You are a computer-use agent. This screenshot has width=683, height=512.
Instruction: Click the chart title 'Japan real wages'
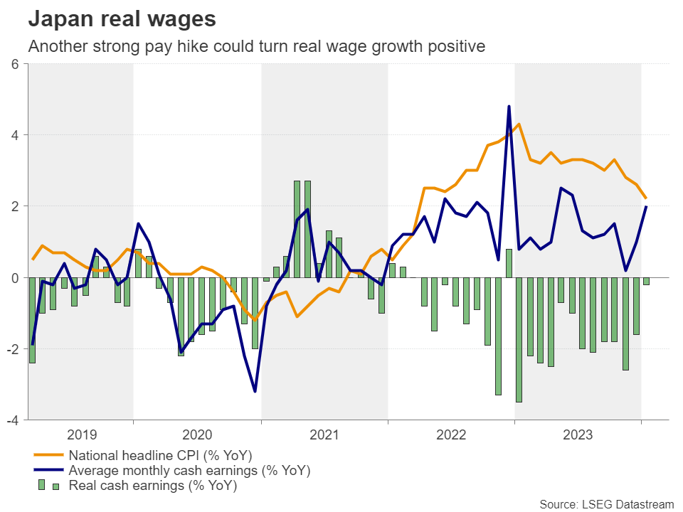click(x=122, y=19)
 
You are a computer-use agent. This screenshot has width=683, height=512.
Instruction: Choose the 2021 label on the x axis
click(x=324, y=434)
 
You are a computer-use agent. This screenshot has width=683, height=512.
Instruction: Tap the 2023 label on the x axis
click(x=578, y=434)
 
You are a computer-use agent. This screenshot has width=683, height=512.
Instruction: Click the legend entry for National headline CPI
click(x=160, y=455)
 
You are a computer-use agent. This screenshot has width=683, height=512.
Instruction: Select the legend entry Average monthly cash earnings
click(x=189, y=471)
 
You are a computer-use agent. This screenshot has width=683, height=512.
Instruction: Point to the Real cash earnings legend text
click(x=152, y=486)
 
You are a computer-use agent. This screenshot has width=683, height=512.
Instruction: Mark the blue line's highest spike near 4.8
click(x=509, y=107)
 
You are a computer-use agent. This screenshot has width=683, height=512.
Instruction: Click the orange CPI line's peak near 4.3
click(x=519, y=124)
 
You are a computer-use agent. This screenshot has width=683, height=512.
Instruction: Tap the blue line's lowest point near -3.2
click(x=255, y=391)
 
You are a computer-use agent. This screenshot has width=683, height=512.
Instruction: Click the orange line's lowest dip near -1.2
click(x=255, y=320)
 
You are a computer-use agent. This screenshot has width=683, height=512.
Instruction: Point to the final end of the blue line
click(x=645, y=207)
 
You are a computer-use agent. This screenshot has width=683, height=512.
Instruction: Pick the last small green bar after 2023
click(x=646, y=282)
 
